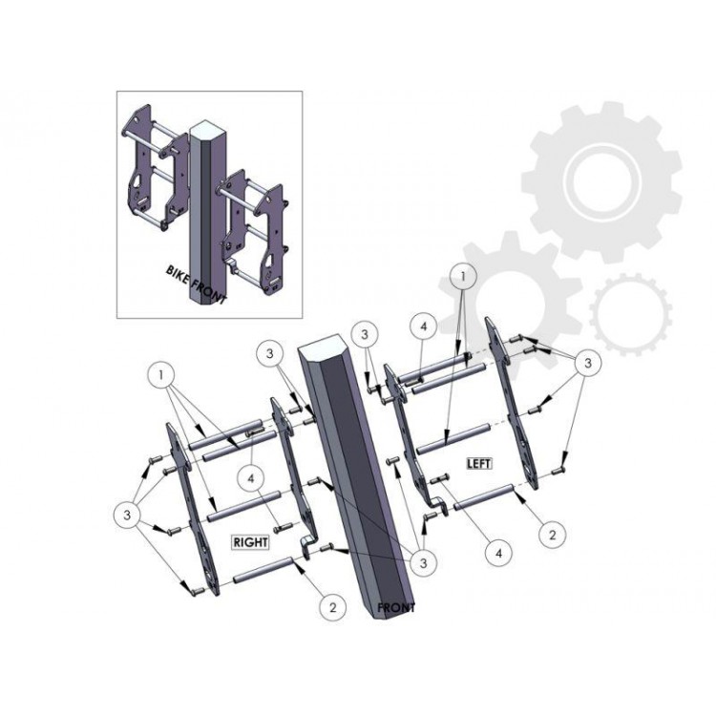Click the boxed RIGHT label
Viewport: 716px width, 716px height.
click(250, 542)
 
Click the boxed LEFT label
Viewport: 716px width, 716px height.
click(479, 463)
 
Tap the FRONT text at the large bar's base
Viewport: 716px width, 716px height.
click(396, 608)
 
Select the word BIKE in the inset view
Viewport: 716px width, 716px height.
click(177, 274)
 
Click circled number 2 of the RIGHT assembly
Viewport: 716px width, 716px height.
click(332, 607)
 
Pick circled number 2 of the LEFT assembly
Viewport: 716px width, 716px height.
click(552, 535)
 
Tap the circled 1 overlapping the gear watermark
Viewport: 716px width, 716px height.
click(463, 276)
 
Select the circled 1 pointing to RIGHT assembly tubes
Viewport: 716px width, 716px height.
click(161, 375)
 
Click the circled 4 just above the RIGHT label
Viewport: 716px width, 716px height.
click(251, 478)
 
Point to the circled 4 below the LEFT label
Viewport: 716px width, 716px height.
click(498, 553)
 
